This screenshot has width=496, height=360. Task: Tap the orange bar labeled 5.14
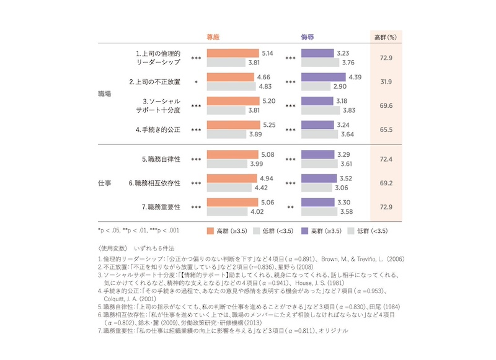[x=232, y=54]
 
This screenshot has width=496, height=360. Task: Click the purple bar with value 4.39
[x=323, y=77]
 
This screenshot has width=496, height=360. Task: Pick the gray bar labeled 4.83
[x=231, y=86]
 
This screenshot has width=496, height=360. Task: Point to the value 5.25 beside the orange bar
[x=268, y=124]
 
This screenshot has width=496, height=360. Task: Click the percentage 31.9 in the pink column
[x=386, y=82]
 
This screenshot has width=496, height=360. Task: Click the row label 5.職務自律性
[x=161, y=159]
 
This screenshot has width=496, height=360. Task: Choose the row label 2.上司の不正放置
[x=154, y=82]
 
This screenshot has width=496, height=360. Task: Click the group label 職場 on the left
[x=105, y=94]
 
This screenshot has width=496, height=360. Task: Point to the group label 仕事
[x=105, y=183]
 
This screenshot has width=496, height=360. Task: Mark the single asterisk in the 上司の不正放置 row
[x=196, y=82]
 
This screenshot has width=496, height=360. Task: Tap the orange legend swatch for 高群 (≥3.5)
[x=210, y=231]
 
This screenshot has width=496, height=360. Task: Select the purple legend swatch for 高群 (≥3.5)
[x=304, y=231]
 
